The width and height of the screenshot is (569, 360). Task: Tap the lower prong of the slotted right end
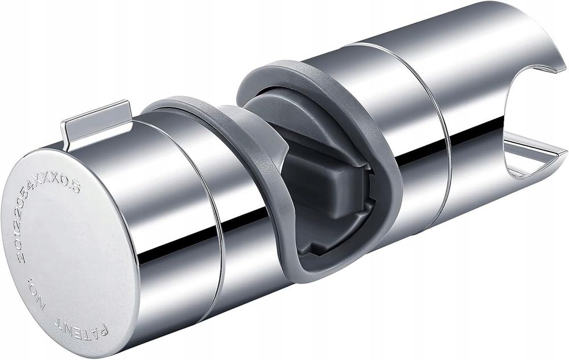pyautogui.click(x=535, y=159)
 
